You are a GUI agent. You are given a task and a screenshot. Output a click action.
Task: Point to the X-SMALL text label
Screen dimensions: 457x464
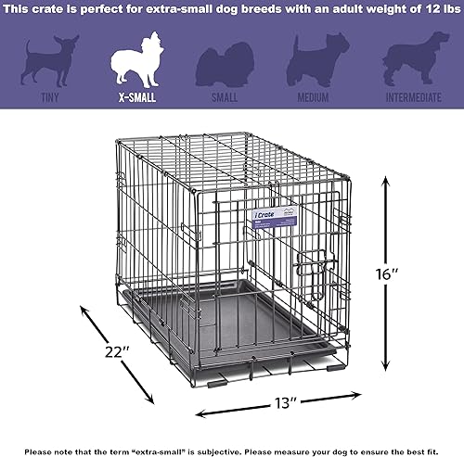pyautogui.click(x=137, y=96)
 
